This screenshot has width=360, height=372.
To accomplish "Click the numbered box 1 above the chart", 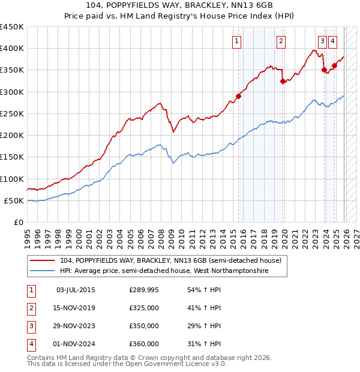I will pyautogui.click(x=237, y=41).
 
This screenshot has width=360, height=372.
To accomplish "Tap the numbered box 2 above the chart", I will pyautogui.click(x=281, y=41).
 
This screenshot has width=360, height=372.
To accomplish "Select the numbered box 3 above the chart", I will pyautogui.click(x=322, y=41).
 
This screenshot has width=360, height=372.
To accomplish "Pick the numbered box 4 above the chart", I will pyautogui.click(x=332, y=41).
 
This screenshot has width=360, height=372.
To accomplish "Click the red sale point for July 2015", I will pyautogui.click(x=238, y=96).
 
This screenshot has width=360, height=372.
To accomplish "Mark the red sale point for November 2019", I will pyautogui.click(x=283, y=82).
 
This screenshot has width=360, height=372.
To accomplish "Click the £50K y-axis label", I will pyautogui.click(x=14, y=200).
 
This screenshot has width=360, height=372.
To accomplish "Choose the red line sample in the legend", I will pyautogui.click(x=43, y=260).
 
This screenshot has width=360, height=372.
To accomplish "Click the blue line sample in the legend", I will pyautogui.click(x=43, y=271).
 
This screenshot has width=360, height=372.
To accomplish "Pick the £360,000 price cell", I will pyautogui.click(x=144, y=344).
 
